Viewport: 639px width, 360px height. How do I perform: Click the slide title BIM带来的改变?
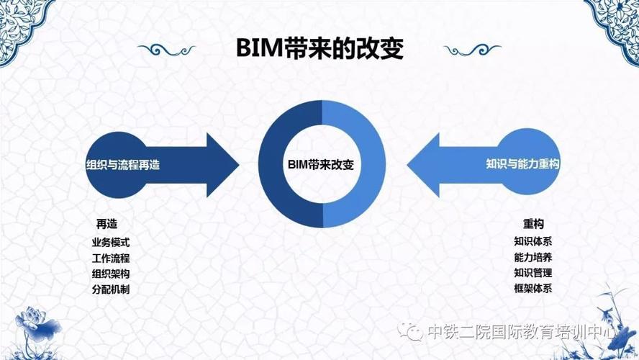pyautogui.click(x=320, y=48)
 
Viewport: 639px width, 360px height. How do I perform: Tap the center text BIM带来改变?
pyautogui.click(x=321, y=164)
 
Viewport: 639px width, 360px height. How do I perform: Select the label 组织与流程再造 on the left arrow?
pyautogui.click(x=122, y=165)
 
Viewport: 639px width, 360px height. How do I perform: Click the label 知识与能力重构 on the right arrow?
pyautogui.click(x=522, y=164)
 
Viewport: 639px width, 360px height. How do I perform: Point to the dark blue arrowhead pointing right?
pyautogui.click(x=222, y=165)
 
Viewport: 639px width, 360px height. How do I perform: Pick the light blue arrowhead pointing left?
pyautogui.click(x=424, y=165)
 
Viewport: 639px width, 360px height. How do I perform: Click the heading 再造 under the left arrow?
pyautogui.click(x=106, y=224)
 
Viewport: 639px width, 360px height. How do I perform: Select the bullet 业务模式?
pyautogui.click(x=110, y=242)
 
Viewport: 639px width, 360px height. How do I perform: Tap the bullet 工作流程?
pyautogui.click(x=110, y=258)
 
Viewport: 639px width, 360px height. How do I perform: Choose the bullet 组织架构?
pyautogui.click(x=110, y=274)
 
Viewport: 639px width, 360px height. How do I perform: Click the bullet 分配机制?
pyautogui.click(x=110, y=289)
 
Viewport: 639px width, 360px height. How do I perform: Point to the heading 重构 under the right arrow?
pyautogui.click(x=533, y=223)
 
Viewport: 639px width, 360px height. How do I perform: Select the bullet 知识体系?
pyautogui.click(x=533, y=241)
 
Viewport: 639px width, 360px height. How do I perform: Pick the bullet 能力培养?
pyautogui.click(x=533, y=257)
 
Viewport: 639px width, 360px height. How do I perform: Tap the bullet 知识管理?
pyautogui.click(x=533, y=273)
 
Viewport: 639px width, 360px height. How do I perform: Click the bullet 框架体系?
pyautogui.click(x=533, y=288)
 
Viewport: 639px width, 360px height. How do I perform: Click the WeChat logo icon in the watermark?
pyautogui.click(x=410, y=331)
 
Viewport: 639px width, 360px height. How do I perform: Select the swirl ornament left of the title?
pyautogui.click(x=167, y=50)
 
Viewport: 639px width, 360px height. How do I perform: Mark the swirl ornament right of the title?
pyautogui.click(x=472, y=50)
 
